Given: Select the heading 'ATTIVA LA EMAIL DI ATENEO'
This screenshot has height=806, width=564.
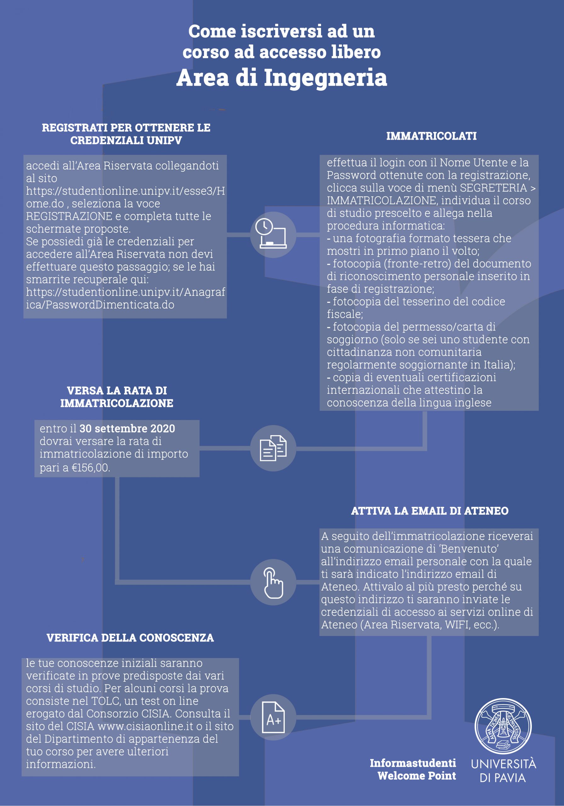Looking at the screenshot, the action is [x=430, y=511].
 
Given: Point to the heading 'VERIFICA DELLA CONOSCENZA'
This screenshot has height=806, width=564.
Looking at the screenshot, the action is [x=130, y=638].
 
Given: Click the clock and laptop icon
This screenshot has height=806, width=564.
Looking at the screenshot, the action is [x=273, y=234].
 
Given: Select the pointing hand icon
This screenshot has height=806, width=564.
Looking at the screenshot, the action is [x=274, y=582].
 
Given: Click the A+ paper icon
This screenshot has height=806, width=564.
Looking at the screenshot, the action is [x=274, y=718].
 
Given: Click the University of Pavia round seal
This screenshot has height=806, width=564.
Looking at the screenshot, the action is [x=503, y=726].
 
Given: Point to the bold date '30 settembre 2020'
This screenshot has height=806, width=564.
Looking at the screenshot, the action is [x=127, y=429].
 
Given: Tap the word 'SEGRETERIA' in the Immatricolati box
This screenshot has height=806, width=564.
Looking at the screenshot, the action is [x=493, y=188].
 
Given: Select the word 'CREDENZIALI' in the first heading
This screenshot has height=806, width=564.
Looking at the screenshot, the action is [x=107, y=140].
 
